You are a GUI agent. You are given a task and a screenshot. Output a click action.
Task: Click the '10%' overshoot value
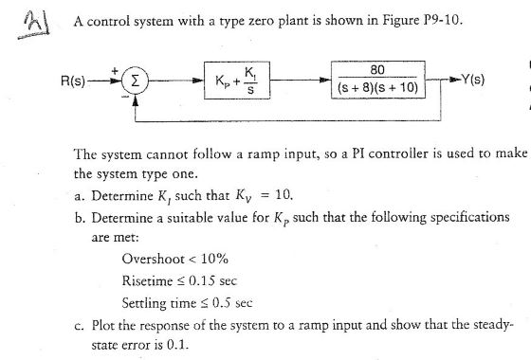214,258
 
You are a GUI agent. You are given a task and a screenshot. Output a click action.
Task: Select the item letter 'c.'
81,325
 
